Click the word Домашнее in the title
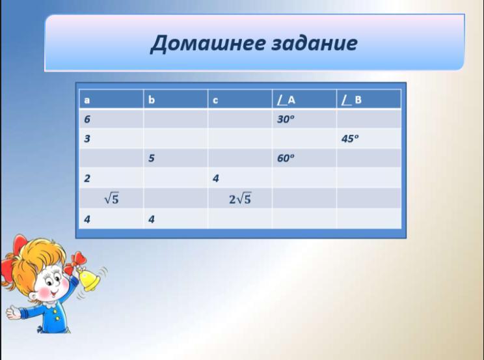[208, 44]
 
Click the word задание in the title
[315, 44]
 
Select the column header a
[87, 100]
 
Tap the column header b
[151, 100]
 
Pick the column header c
[215, 100]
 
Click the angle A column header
[286, 100]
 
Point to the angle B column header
[351, 100]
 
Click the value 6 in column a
[87, 119]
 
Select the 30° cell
[286, 119]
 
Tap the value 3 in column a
[87, 139]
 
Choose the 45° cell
[350, 139]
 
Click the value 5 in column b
[151, 158]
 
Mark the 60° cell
[286, 158]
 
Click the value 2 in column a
[87, 178]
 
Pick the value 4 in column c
[215, 178]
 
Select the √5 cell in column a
[111, 199]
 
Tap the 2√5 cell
[240, 199]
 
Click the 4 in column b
[151, 219]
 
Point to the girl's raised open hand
[14, 312]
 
